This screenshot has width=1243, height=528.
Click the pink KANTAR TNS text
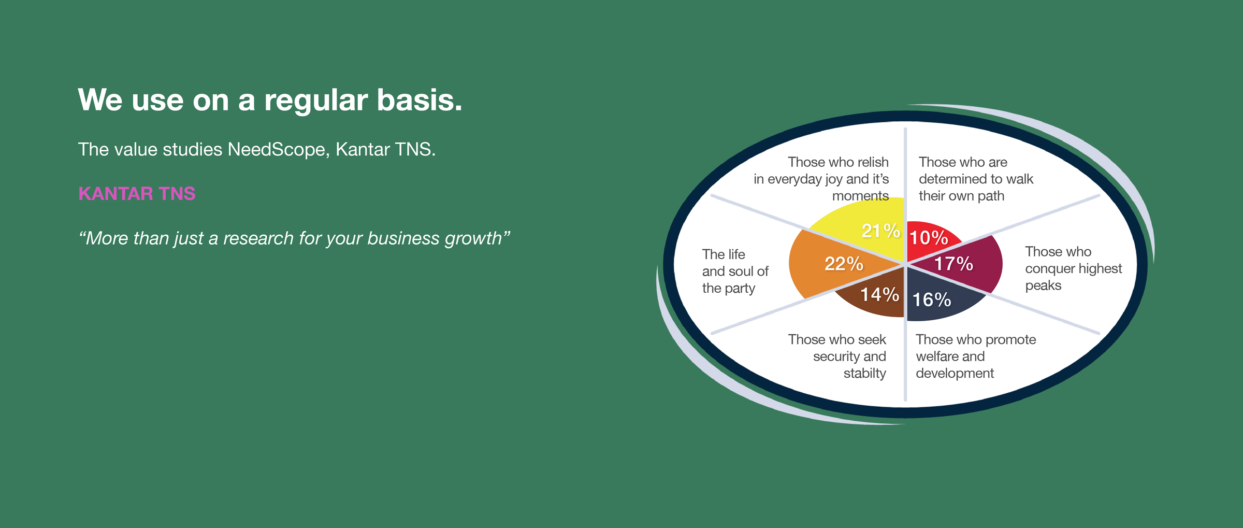[137, 194]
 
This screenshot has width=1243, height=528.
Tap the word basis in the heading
[419, 99]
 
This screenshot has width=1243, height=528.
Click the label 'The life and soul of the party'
[735, 272]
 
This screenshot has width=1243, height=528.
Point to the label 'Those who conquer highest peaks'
[1073, 268]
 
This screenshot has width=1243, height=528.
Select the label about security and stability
[837, 356]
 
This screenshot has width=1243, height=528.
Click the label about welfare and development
[976, 356]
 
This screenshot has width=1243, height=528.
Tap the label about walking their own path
[976, 179]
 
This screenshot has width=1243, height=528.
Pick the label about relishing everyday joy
[821, 179]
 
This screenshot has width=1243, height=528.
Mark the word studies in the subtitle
[192, 150]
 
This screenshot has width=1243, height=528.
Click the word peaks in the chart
[1043, 286]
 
